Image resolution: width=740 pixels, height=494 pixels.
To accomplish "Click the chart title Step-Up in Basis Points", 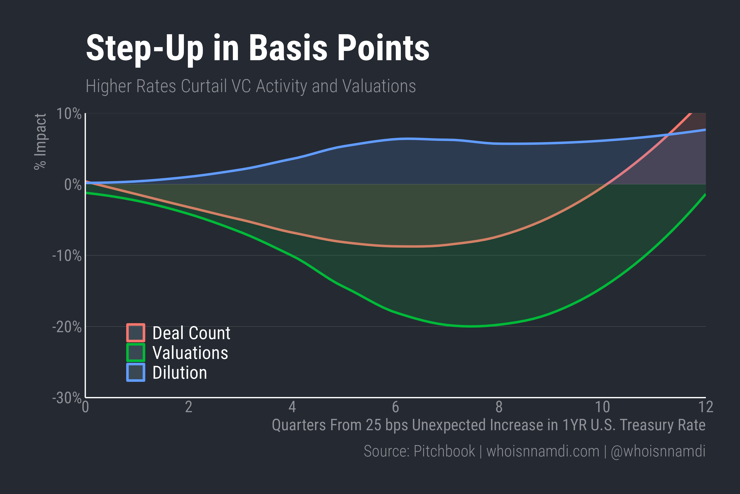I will click(257, 48).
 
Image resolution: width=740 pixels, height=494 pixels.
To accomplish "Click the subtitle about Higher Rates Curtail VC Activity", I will click(251, 86).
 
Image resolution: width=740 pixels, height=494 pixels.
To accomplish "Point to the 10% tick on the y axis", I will click(69, 114).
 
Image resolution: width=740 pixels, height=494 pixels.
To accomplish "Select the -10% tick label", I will click(67, 256).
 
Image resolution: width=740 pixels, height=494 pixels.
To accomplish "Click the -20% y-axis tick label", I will click(67, 327).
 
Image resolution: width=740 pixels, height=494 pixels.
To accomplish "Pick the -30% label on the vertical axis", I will click(67, 398).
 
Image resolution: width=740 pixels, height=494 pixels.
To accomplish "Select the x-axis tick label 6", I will click(395, 407).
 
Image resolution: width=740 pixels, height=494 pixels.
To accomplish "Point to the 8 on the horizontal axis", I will click(499, 407).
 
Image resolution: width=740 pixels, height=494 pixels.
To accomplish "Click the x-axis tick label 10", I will click(602, 407).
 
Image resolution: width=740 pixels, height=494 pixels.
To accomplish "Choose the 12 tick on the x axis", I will click(706, 407).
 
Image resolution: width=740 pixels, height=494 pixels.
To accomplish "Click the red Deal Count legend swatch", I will click(136, 333).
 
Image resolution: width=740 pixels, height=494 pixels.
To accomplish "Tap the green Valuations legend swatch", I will click(136, 352).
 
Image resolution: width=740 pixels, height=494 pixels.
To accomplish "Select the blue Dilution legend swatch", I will click(136, 372).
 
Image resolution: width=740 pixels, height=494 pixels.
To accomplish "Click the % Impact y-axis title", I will click(40, 142).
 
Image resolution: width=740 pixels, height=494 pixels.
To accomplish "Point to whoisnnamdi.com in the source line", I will click(543, 451).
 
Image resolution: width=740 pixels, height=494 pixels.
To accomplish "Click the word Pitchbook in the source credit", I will click(444, 451).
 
